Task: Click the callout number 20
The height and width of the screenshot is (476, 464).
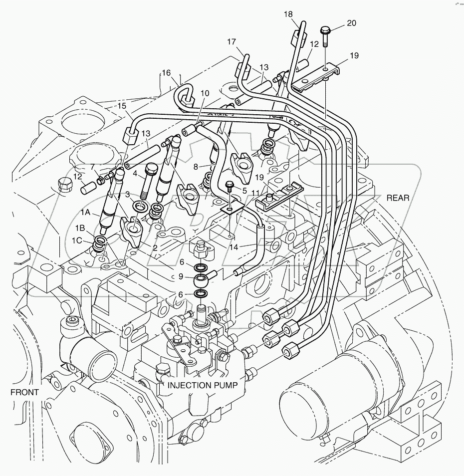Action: click(352, 23)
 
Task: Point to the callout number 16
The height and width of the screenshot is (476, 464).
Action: click(165, 73)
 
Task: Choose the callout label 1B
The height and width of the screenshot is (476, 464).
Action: click(80, 228)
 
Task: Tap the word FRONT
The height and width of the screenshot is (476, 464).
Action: click(24, 392)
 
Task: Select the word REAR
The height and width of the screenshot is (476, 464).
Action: click(398, 198)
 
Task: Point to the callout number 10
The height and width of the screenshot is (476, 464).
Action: click(205, 93)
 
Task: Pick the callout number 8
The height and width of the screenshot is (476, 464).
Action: click(196, 167)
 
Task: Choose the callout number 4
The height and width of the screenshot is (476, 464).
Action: click(135, 174)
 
